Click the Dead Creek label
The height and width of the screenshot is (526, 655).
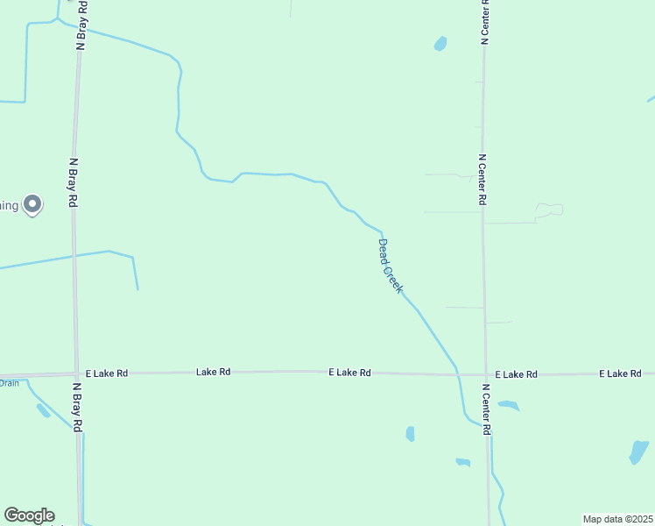[391, 266]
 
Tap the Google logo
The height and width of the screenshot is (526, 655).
[29, 515]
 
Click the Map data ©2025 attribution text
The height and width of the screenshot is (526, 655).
[618, 519]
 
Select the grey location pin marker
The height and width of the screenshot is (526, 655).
[32, 204]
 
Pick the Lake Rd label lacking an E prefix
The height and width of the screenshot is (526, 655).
[213, 373]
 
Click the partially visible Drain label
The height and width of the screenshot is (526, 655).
[9, 383]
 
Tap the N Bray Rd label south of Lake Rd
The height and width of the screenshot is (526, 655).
[77, 407]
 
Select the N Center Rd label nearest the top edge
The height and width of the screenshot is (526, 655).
[483, 21]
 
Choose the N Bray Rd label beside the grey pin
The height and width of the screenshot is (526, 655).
[74, 182]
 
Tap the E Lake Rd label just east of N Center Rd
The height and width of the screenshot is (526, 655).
[515, 374]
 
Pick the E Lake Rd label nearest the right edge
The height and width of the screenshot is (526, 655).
[621, 374]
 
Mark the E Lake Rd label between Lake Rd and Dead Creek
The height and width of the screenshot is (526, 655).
[349, 373]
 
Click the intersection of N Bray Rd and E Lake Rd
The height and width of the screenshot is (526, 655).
[77, 373]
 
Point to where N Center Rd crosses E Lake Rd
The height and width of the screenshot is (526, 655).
[485, 374]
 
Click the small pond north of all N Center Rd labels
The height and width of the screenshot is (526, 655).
[440, 43]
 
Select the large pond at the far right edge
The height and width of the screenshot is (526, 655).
[639, 451]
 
